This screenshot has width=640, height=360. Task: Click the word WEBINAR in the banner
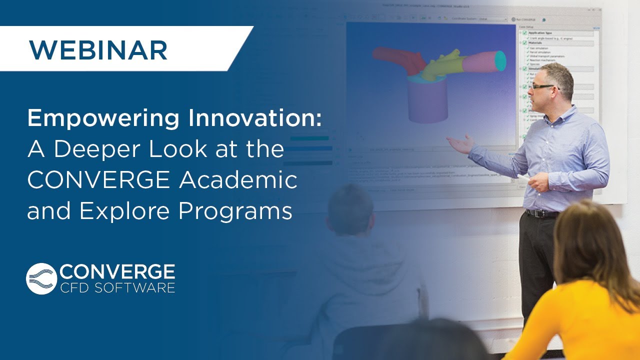tap(98, 49)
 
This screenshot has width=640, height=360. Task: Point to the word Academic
tap(238, 180)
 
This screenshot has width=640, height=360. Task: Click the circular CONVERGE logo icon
tap(41, 278)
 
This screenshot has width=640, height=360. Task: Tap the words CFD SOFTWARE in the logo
tap(117, 287)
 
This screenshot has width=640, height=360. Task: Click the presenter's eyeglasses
tap(542, 86)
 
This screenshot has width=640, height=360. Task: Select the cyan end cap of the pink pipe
tap(500, 60)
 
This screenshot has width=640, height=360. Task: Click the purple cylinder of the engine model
tap(428, 101)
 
